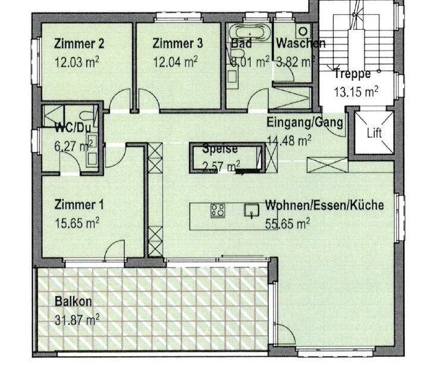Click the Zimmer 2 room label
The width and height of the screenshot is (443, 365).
[79, 44]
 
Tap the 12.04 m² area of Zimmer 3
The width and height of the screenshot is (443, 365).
[175, 62]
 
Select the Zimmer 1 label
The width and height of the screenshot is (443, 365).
[79, 205]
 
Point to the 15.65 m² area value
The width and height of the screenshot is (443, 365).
[77, 223]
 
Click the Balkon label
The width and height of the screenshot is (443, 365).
[74, 301]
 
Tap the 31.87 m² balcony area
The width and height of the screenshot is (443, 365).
[77, 320]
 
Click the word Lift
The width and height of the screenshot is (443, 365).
[375, 133]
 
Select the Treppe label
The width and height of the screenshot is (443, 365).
[353, 74]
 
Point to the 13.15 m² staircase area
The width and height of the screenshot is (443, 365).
[356, 92]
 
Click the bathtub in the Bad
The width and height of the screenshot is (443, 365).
[249, 33]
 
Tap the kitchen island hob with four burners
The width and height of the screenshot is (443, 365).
[218, 210]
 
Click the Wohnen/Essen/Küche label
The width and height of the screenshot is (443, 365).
[324, 205]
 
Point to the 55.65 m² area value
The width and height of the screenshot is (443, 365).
[288, 223]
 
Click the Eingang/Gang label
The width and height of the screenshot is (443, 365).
[305, 122]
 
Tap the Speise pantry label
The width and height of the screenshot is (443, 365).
[220, 149]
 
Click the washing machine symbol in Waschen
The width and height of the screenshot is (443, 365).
[303, 30]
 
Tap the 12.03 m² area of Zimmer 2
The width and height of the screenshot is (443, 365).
[76, 62]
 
